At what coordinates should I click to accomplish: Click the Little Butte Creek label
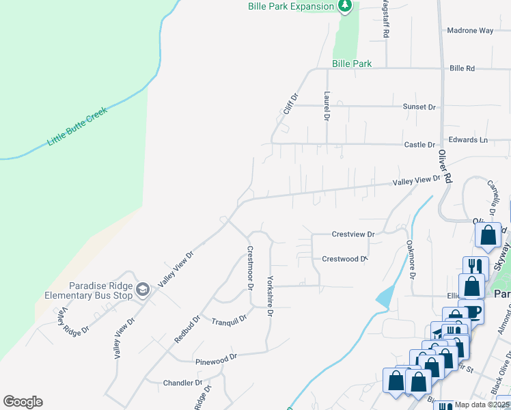point(78,126)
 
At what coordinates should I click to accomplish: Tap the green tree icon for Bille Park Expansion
point(346,6)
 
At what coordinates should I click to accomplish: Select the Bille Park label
point(352,64)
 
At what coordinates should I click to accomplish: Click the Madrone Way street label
point(470,31)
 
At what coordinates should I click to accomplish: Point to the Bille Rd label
point(462,68)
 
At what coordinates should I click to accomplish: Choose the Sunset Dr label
point(419,107)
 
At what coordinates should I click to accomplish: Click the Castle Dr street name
point(419,145)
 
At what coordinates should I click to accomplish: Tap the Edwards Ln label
point(473,140)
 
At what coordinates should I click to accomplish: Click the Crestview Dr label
point(353,234)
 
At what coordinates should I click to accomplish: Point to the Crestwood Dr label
point(344,259)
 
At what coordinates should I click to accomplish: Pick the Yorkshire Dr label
point(270,296)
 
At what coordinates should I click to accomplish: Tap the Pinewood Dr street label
point(215,357)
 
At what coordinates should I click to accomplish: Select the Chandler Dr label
point(183,383)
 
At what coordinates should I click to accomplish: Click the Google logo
point(23,402)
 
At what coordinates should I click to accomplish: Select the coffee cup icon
point(471,311)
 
